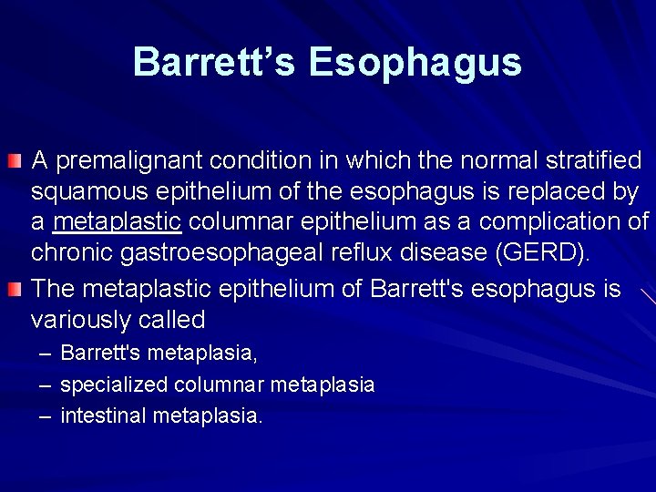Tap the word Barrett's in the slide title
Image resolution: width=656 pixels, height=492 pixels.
(215, 63)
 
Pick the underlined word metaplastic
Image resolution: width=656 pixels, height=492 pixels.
(118, 222)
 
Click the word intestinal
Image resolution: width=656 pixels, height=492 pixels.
(104, 416)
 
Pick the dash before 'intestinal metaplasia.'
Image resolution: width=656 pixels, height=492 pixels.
(45, 416)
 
